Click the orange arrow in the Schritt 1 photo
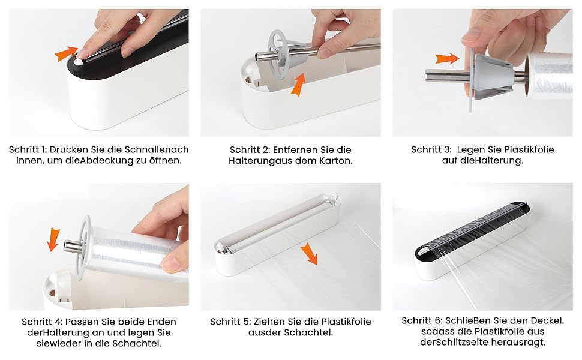coord(66,53)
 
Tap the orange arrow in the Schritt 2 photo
coord(298,84)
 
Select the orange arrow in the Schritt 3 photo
coord(447,58)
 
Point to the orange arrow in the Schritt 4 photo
coord(53,240)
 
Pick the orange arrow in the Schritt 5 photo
coord(309,253)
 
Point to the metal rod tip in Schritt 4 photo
coord(70,246)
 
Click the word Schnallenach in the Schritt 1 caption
coord(157,149)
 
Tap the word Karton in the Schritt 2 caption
coord(336,161)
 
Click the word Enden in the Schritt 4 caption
coord(161,322)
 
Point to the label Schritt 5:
coord(230,322)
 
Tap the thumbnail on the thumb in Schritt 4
coord(172,263)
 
